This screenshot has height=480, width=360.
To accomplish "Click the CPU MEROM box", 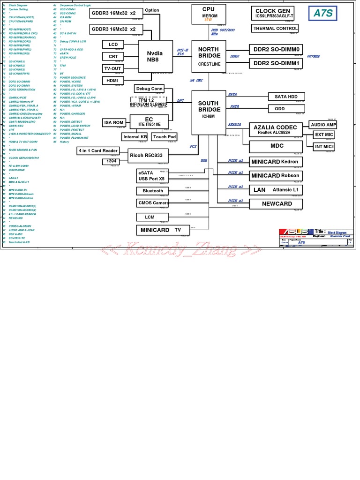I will (209, 14).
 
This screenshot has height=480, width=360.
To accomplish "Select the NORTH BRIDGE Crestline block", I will (209, 56).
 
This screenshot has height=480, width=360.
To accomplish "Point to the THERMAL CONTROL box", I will (275, 29).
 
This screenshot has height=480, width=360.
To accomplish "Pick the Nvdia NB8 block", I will (156, 56).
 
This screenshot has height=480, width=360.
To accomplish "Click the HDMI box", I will (112, 81).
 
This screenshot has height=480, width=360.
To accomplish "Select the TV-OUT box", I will (112, 68).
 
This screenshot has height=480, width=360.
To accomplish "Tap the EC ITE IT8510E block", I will (149, 121).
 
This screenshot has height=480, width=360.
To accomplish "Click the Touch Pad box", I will (165, 137).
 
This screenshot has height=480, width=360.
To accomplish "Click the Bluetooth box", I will (153, 191).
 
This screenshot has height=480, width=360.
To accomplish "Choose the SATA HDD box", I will (286, 97).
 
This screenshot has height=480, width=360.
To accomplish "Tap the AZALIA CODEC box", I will (275, 130).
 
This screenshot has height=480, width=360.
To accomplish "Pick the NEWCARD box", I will (277, 204).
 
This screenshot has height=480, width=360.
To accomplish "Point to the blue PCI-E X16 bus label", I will (181, 52).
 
